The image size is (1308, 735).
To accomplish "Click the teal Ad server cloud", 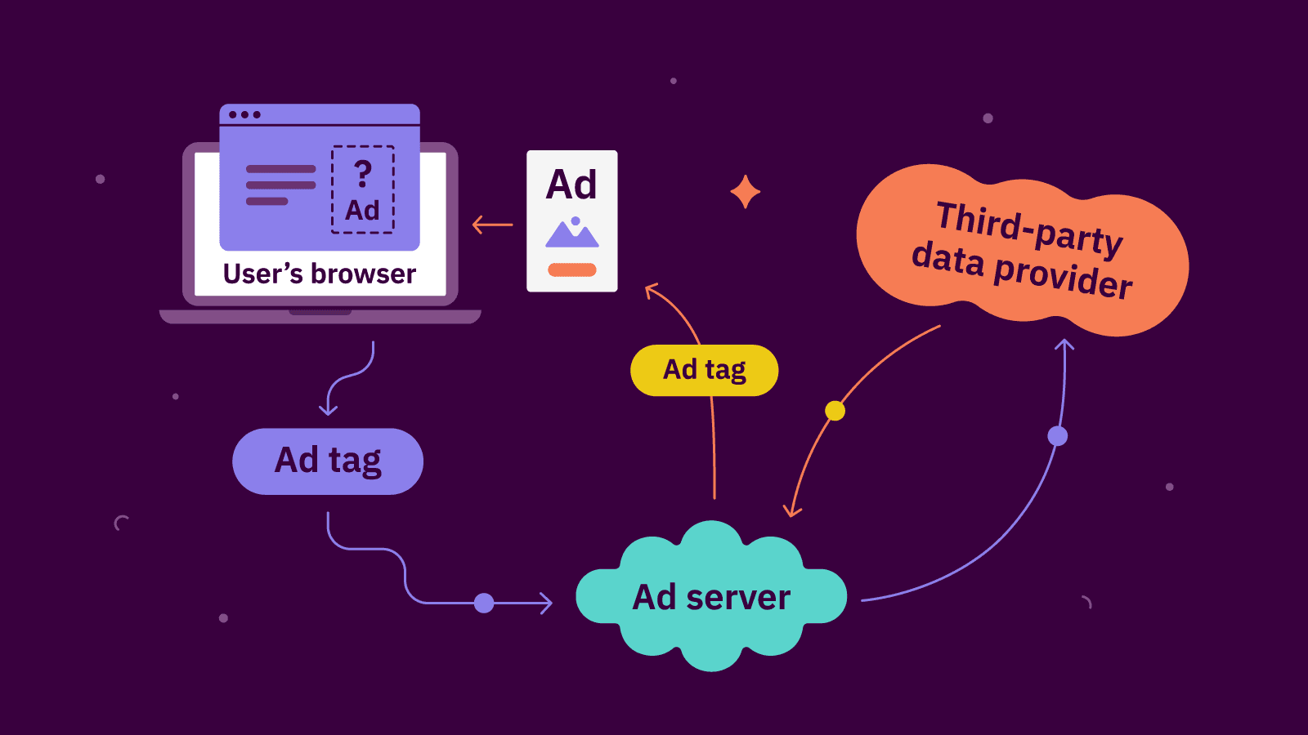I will tap(711, 597).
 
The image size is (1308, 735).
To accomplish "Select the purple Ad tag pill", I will tap(328, 461).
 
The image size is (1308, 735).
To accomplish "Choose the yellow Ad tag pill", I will tap(704, 370).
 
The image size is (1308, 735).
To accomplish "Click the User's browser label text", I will tap(320, 274).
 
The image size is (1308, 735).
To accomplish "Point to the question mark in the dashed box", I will tap(363, 173).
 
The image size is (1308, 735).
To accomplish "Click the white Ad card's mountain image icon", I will tap(572, 234).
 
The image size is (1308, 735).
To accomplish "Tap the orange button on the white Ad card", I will tap(572, 269).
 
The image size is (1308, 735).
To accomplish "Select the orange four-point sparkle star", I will tap(745, 193).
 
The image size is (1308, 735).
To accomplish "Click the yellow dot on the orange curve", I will tap(835, 411).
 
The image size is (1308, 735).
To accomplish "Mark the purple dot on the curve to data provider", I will tap(1057, 436).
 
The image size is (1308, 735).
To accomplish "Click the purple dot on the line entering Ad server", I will tap(484, 604).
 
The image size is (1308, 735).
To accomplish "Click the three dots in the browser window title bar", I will tap(244, 114).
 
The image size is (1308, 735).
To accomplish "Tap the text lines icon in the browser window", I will tap(280, 185).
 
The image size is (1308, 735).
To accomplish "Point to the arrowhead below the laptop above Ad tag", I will tap(328, 408).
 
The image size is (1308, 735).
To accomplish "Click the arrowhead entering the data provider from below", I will tap(1064, 345).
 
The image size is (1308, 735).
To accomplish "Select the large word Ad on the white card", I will tap(571, 185).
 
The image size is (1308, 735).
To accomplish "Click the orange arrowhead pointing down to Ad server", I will tap(791, 511).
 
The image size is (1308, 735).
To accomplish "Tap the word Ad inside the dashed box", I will tap(362, 211).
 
